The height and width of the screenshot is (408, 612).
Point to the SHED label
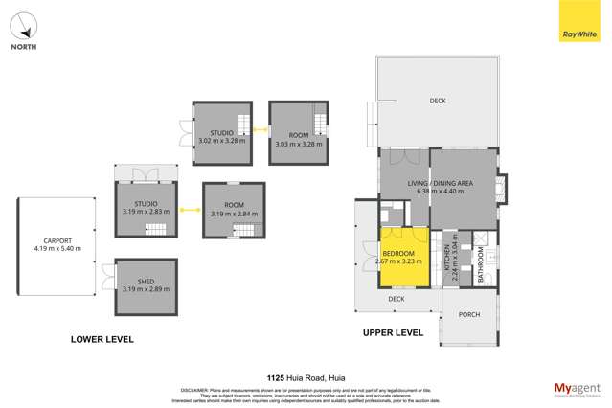coord(146,281)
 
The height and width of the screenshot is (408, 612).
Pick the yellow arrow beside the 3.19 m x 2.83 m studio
coord(190,208)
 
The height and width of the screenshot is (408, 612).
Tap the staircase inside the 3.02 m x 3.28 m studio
coord(243,124)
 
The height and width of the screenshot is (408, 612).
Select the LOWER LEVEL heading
coord(102,339)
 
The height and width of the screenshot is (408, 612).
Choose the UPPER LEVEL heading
coord(392,333)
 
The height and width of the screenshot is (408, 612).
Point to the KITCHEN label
coord(446,257)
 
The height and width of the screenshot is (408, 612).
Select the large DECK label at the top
coord(438,101)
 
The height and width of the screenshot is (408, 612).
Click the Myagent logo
coord(578,388)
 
